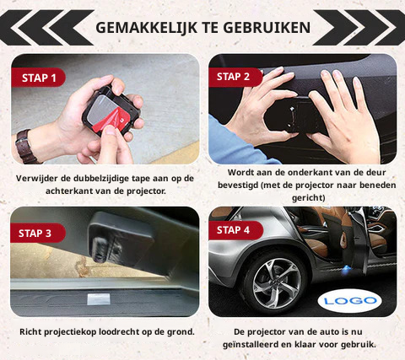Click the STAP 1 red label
(39, 78)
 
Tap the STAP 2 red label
(235, 77)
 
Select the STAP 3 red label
(38, 233)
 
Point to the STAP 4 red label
(235, 230)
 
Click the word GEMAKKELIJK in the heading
(146, 28)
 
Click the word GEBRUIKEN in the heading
(267, 28)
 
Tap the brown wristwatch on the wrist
(26, 147)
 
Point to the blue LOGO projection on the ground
(350, 301)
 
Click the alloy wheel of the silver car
(275, 283)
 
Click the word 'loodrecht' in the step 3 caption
(119, 332)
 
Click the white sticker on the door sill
(98, 299)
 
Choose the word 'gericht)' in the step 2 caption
(308, 198)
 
